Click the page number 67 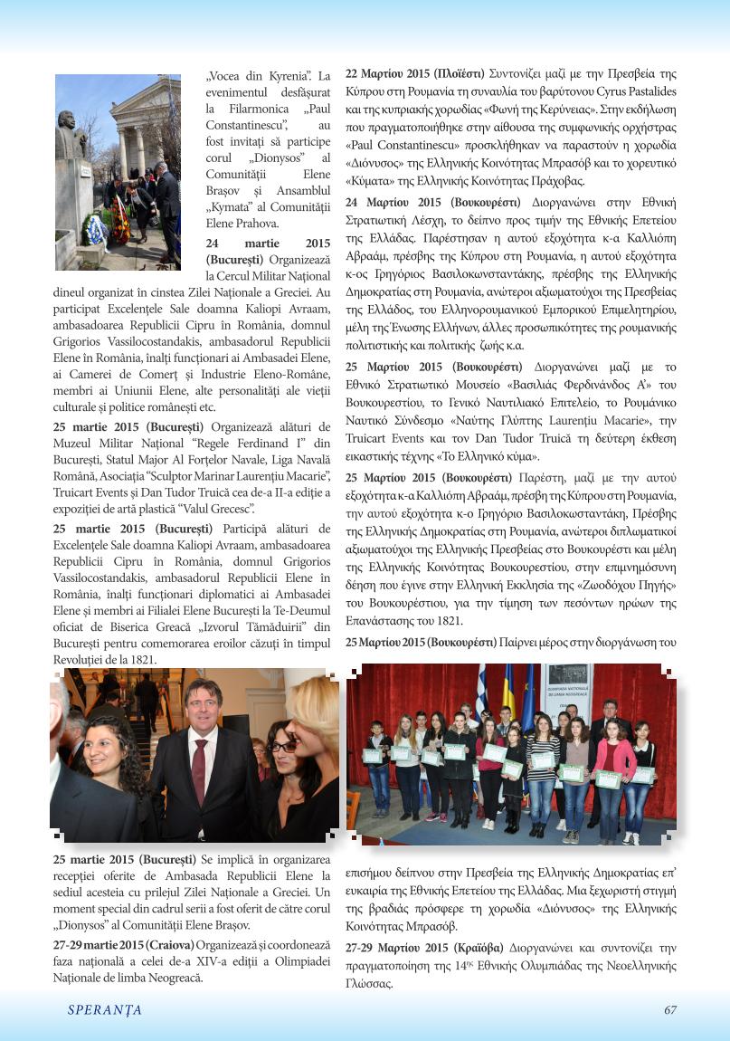point(670,1010)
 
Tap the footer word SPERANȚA point(105,1010)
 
